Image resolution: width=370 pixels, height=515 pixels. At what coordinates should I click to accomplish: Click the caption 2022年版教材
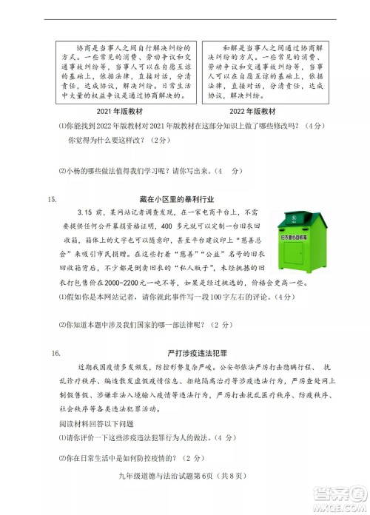tap(257, 111)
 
